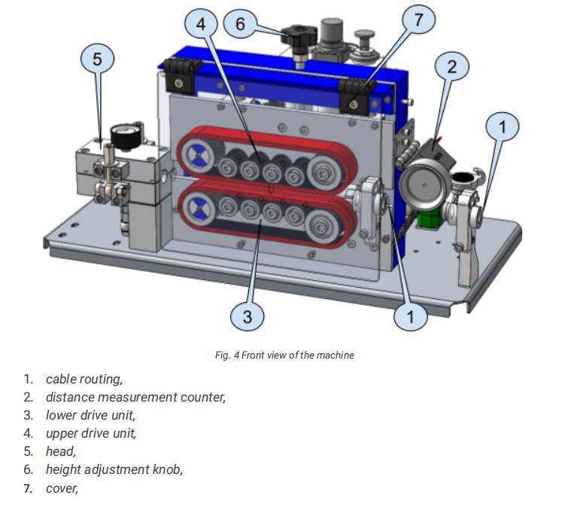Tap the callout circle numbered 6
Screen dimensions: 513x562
[240, 23]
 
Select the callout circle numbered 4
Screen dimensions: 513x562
[201, 23]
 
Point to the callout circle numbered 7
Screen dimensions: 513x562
[419, 20]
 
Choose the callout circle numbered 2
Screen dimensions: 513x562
[451, 66]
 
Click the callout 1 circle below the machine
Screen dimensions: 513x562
[411, 317]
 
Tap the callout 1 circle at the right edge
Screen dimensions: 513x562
[503, 127]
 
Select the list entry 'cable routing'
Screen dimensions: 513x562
[84, 378]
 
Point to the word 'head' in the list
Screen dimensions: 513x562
[60, 451]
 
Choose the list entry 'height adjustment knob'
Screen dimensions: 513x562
[114, 469]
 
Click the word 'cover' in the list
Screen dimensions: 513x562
[62, 488]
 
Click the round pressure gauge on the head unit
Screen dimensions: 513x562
[120, 134]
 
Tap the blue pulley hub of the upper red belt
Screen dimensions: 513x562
[196, 156]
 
